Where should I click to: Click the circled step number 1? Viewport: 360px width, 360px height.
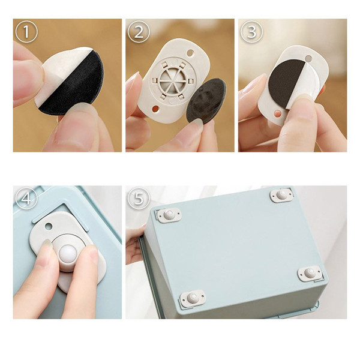(x=26, y=32)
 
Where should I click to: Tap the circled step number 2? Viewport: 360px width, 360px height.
(x=139, y=32)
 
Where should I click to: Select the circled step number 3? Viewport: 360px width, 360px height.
(x=251, y=32)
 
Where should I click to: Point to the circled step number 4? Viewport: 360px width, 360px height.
(x=26, y=199)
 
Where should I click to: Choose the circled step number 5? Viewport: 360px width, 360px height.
(x=139, y=199)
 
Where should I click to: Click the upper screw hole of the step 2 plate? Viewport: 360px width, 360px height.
(x=190, y=53)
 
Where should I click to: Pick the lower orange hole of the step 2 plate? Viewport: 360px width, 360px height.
(x=155, y=109)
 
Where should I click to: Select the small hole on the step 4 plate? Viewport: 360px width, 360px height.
(x=49, y=227)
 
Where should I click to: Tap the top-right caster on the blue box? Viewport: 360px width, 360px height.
(x=282, y=196)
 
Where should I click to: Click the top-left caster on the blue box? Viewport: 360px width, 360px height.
(x=169, y=215)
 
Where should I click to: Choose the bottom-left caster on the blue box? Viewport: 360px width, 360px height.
(x=192, y=298)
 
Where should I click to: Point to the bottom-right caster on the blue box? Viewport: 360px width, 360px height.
(x=310, y=273)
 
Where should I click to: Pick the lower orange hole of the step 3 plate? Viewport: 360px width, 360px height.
(x=278, y=113)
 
